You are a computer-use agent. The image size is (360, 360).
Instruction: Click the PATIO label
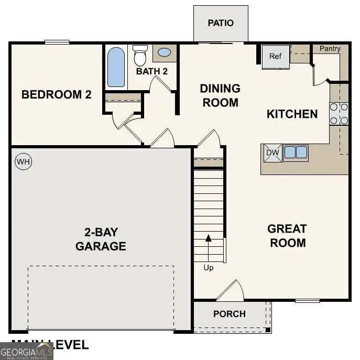(x=221, y=23)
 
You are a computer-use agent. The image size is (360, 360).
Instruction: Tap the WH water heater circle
(x=23, y=162)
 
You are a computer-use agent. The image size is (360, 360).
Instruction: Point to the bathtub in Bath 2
(x=116, y=67)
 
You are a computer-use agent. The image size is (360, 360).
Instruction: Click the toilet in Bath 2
(x=140, y=55)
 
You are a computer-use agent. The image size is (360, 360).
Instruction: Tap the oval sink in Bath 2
(x=164, y=52)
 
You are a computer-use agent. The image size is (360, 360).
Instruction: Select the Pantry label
(x=330, y=49)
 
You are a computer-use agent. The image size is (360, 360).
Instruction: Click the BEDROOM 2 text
(x=57, y=95)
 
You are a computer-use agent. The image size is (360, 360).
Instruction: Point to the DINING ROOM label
(x=220, y=95)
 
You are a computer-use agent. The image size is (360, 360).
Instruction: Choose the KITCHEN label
(x=292, y=114)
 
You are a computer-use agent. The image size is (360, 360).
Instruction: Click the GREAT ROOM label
(x=287, y=236)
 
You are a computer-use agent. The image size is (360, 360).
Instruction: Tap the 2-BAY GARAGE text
(x=101, y=239)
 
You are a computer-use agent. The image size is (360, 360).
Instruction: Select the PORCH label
(x=229, y=314)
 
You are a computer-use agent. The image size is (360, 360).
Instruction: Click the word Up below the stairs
(x=209, y=268)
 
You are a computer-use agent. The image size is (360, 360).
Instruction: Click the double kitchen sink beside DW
(x=296, y=152)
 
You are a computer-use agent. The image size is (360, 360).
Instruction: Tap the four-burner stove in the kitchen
(x=339, y=114)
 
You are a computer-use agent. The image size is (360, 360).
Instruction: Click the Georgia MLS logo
(x=26, y=351)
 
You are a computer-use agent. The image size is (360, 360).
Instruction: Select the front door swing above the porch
(x=231, y=291)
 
